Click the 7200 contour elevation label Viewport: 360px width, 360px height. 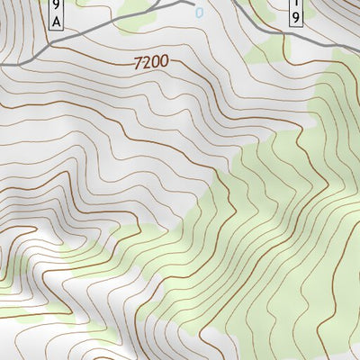(x=149, y=63)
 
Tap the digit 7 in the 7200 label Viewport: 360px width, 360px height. (x=137, y=63)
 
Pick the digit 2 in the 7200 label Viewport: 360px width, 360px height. (x=145, y=63)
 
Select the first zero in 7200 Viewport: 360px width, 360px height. (x=154, y=63)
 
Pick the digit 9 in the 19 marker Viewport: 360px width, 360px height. (x=296, y=18)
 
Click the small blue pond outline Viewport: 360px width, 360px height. (x=199, y=13)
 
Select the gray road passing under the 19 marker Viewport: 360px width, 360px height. (x=297, y=36)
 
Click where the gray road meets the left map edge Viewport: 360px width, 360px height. (x=2, y=65)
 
